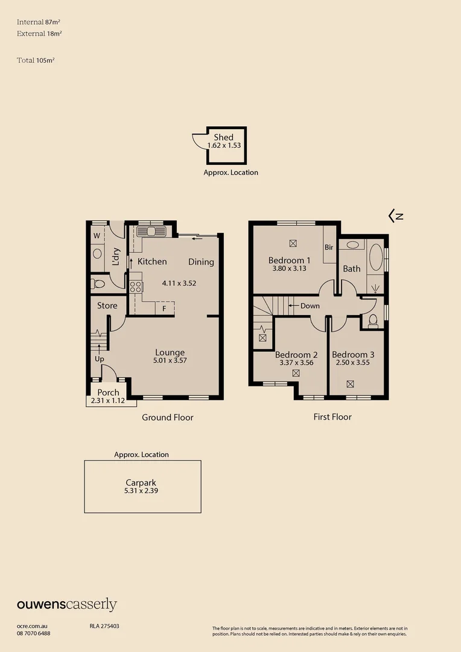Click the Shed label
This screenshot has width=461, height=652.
click(223, 138)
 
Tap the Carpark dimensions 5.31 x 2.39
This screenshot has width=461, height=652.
click(142, 491)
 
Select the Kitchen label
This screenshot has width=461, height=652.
click(152, 261)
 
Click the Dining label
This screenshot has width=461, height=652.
click(201, 261)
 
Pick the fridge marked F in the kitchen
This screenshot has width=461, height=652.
click(164, 308)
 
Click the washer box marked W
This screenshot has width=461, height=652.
click(97, 236)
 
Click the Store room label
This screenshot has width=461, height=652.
click(107, 305)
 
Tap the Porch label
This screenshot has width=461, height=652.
click(109, 392)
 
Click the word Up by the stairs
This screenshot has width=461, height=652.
click(100, 359)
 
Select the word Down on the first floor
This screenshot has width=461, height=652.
click(310, 305)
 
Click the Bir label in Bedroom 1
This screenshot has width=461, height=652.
click(329, 247)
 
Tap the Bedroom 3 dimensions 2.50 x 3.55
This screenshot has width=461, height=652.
click(353, 363)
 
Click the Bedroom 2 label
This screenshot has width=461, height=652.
click(296, 354)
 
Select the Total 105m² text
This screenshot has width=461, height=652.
click(36, 60)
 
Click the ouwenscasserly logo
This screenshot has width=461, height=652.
click(66, 605)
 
